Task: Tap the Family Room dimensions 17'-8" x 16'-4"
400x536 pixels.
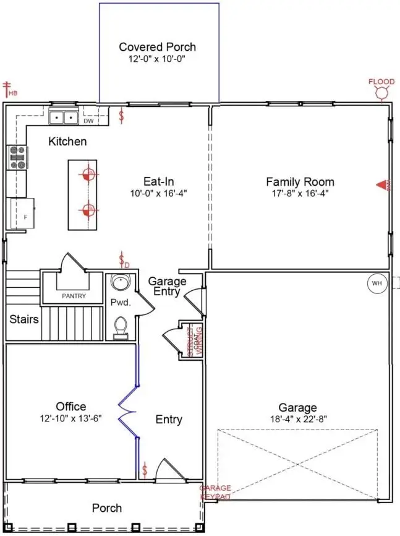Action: pos(300,194)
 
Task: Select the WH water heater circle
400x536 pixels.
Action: pos(376,283)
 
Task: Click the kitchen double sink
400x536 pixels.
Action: pos(64,116)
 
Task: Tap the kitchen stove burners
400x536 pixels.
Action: pos(16,158)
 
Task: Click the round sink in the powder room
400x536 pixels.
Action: pos(120,283)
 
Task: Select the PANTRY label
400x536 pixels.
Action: pos(74,296)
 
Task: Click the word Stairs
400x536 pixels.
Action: pos(24,320)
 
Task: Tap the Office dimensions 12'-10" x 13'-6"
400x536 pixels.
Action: pos(70,418)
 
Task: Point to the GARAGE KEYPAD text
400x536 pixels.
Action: pos(215,493)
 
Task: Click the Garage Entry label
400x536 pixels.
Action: pos(166,286)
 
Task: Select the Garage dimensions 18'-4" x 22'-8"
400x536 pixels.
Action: pos(297,419)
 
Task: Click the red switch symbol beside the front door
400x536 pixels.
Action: pos(145,470)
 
